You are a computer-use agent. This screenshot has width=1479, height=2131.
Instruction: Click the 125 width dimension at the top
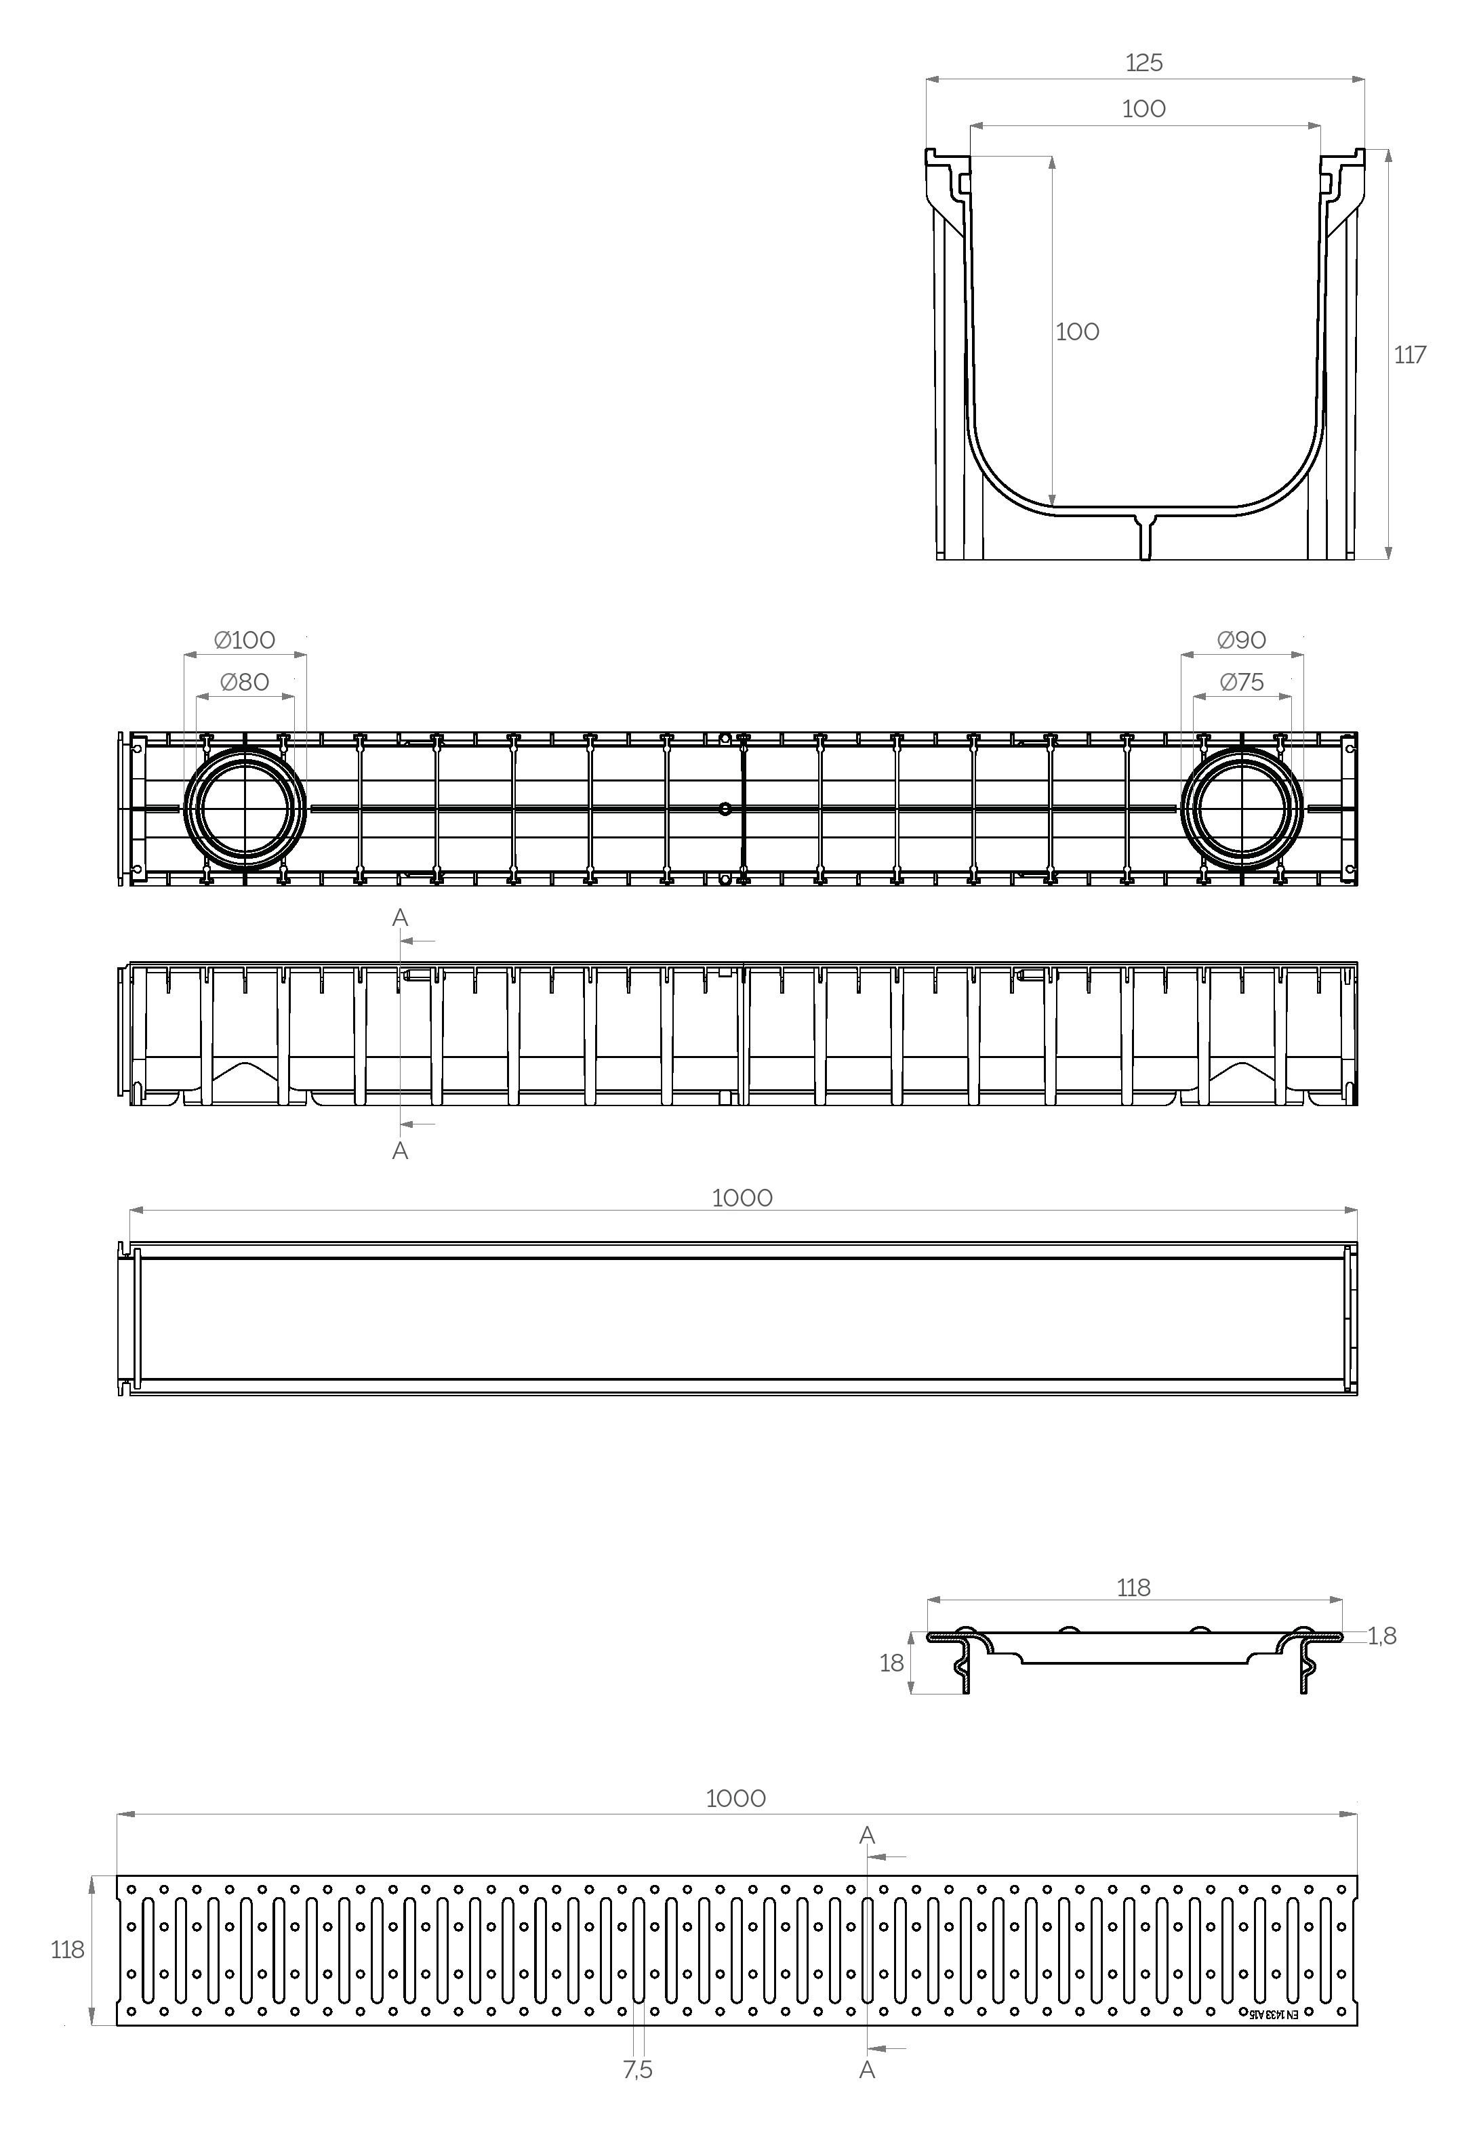[x=1143, y=63]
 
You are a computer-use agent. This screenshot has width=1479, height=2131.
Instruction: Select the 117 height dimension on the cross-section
[x=1409, y=355]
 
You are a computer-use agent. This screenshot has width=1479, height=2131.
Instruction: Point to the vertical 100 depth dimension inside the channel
[x=1077, y=331]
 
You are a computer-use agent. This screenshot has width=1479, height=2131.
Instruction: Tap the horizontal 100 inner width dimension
[x=1143, y=109]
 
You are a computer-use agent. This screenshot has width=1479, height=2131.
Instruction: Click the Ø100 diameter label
[x=245, y=641]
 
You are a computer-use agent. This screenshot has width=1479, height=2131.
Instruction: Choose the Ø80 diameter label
[x=245, y=683]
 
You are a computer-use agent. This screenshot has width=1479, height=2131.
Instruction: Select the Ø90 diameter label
[x=1241, y=641]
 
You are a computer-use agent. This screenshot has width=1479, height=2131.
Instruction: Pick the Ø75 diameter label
[x=1241, y=683]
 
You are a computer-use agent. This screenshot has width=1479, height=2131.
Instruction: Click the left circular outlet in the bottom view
[x=245, y=808]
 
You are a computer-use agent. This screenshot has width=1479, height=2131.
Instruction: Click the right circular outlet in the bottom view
[x=1241, y=808]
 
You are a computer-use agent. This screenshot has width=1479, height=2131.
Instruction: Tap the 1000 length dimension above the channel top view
[x=742, y=1198]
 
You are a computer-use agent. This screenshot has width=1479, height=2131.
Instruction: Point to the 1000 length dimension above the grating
[x=736, y=1798]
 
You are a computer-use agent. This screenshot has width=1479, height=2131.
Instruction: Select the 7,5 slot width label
[x=638, y=2070]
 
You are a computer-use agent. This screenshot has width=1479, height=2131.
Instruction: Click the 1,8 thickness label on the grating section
[x=1381, y=1636]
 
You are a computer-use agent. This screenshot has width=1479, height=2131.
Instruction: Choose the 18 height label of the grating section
[x=891, y=1663]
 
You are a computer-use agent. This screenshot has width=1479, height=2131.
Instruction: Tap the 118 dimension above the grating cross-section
[x=1133, y=1588]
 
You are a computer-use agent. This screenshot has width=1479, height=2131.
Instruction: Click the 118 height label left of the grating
[x=66, y=1950]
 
